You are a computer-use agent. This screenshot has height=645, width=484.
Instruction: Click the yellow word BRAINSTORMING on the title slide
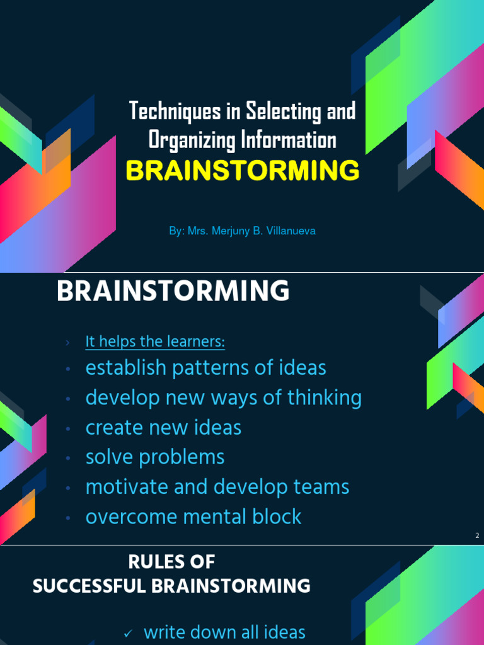(x=243, y=171)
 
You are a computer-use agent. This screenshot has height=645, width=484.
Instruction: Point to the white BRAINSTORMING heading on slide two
(x=173, y=292)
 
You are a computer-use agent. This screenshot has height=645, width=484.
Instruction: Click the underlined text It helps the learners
(x=155, y=342)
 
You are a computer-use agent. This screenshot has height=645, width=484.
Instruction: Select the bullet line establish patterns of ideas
(x=205, y=368)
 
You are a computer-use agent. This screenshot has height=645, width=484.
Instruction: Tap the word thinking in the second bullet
(x=325, y=397)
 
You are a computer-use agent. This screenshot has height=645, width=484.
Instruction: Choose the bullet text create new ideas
(x=163, y=428)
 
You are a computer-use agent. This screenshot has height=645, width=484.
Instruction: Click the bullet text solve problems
(x=155, y=457)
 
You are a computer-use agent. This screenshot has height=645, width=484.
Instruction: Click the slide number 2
(x=477, y=536)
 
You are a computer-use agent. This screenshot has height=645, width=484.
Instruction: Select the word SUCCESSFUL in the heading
(x=90, y=586)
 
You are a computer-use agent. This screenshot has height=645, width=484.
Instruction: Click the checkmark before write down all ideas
(x=127, y=634)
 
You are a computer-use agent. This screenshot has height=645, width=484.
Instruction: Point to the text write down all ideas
(x=224, y=632)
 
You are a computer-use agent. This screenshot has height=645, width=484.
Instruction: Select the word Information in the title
(x=289, y=140)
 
